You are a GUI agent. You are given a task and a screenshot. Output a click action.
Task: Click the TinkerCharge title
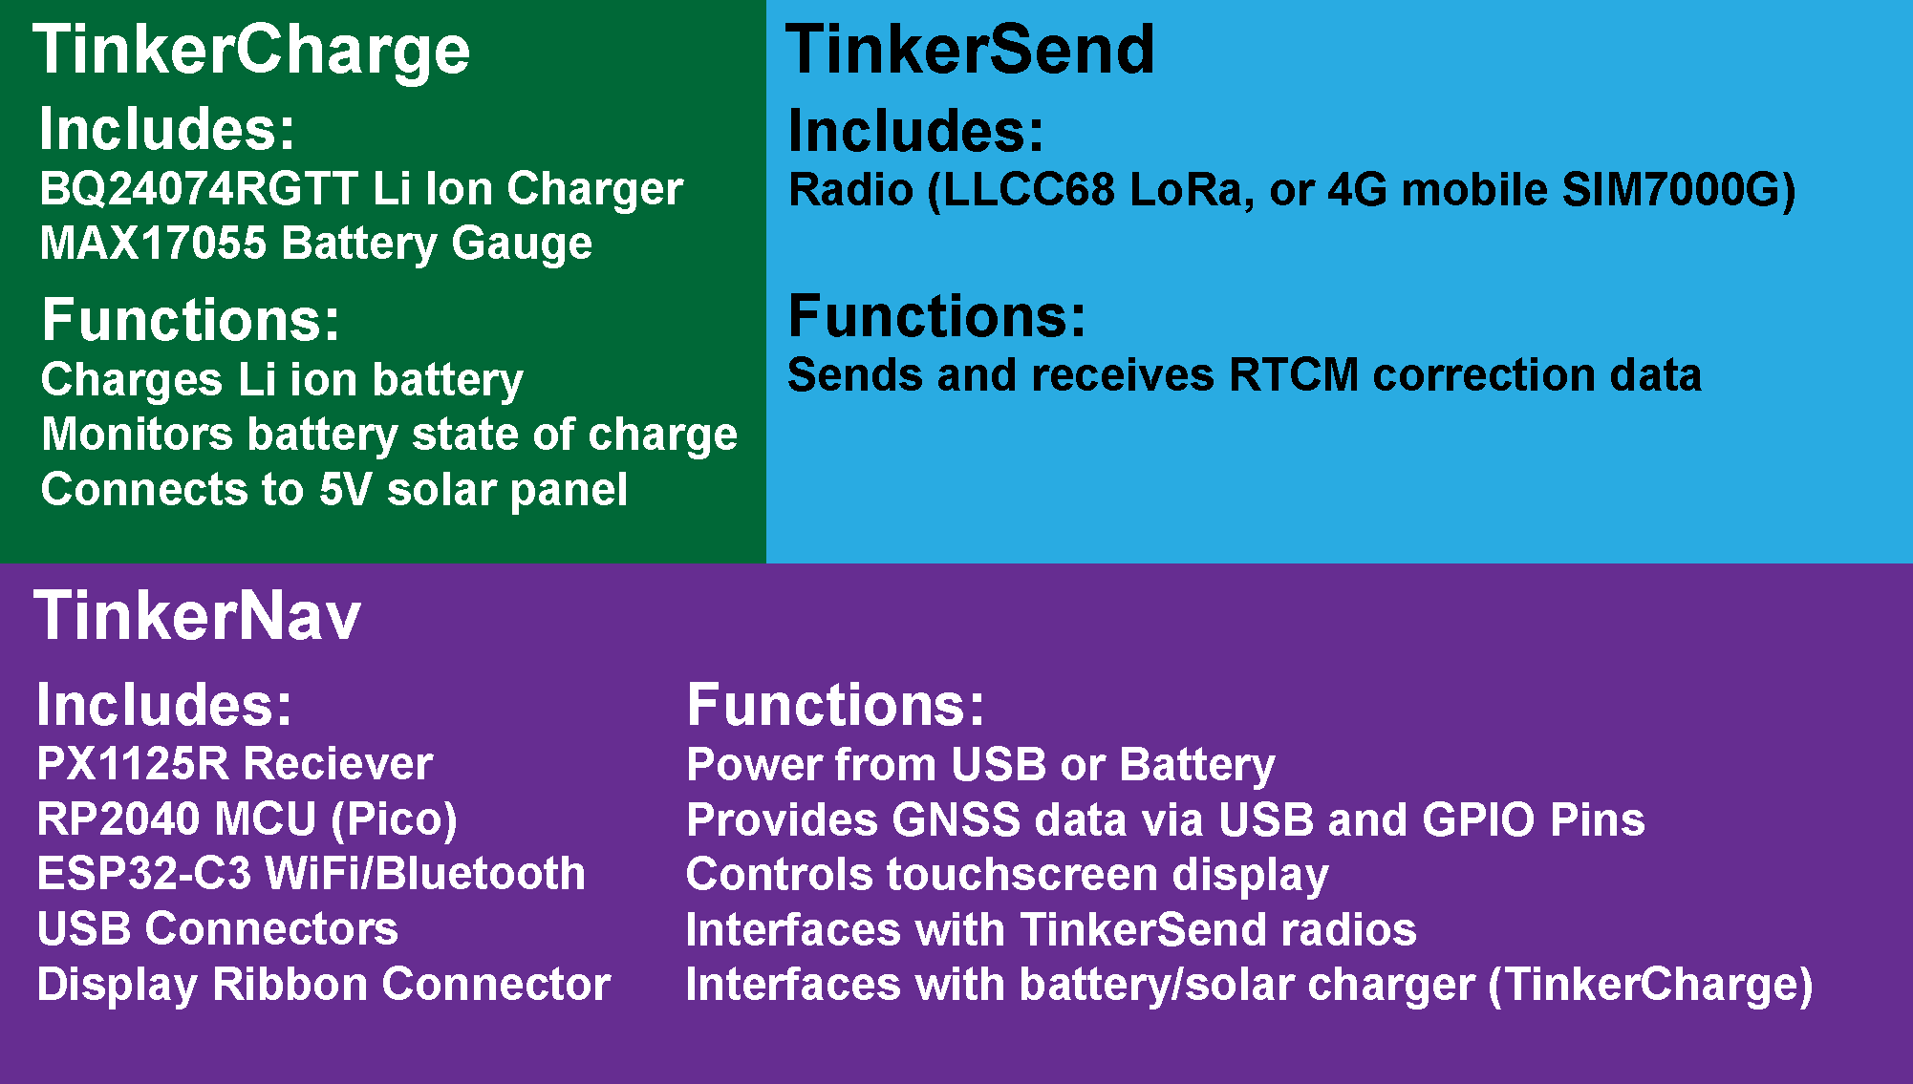(251, 51)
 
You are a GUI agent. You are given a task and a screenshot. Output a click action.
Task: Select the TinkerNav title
(198, 615)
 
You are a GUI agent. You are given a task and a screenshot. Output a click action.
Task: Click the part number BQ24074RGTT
(199, 188)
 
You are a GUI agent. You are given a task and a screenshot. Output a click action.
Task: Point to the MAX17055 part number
(153, 243)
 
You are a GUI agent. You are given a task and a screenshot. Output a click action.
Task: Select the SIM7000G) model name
(1679, 189)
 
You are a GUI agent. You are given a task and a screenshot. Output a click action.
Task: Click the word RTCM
(1294, 374)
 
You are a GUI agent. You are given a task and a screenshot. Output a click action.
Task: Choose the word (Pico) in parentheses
(394, 819)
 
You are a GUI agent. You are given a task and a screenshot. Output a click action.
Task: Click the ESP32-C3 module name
(144, 874)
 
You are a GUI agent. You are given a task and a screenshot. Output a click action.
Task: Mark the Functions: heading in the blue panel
(937, 316)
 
